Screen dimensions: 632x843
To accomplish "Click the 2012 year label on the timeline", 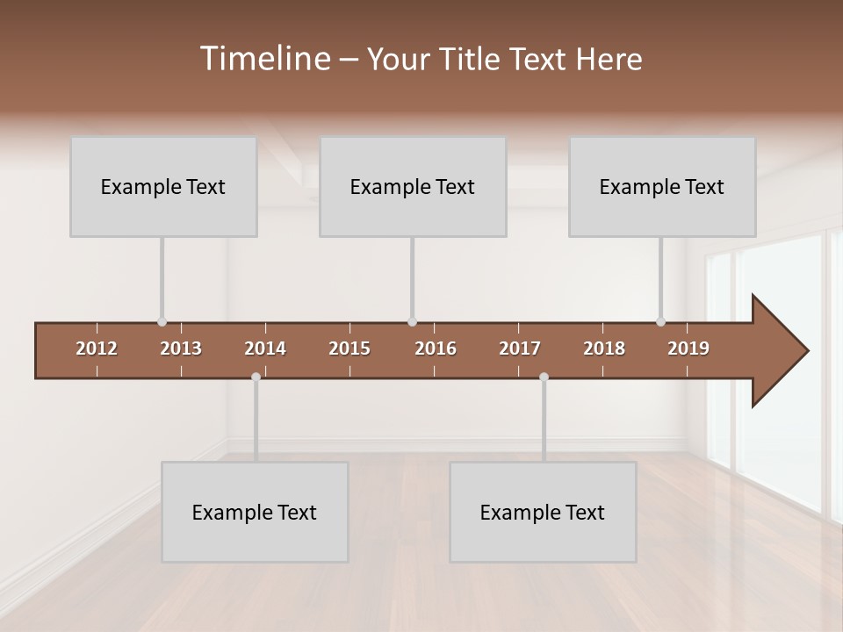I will tap(97, 348).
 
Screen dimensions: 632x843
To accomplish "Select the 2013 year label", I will tap(181, 348).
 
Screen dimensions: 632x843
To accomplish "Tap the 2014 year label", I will tap(265, 348).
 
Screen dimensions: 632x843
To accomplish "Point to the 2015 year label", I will tap(349, 348).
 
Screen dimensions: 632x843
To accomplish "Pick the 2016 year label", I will tap(436, 348).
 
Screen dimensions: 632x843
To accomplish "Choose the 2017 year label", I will tap(520, 348).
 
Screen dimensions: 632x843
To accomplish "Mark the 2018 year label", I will tap(604, 348).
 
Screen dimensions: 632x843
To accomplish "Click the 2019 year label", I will tap(688, 348).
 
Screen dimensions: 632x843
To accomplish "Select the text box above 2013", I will tap(163, 187).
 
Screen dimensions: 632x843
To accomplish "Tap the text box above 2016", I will tap(413, 187).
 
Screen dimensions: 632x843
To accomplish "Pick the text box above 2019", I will tap(662, 187).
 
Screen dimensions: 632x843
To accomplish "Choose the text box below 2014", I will tap(255, 512).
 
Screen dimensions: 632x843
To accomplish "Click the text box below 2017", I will tap(543, 512).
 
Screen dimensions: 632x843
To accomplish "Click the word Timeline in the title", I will tap(263, 59).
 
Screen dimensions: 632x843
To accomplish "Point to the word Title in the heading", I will tap(473, 60).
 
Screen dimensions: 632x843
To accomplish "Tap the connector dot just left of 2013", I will tap(162, 322).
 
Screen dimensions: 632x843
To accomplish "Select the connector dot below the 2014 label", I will tap(256, 377).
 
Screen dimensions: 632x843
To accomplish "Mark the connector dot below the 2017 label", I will tap(544, 377).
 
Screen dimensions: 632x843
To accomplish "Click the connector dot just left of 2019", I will tap(660, 322).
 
